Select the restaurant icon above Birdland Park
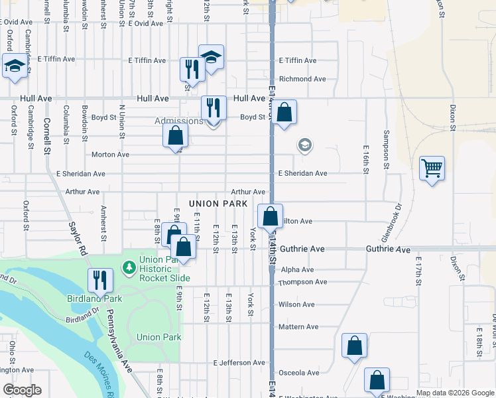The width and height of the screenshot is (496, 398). point(100,280)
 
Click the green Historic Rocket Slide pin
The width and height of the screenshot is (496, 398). point(129,268)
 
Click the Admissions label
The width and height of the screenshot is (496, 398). point(178,121)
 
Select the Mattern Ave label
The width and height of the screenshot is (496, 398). point(298,327)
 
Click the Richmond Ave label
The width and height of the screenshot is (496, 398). point(302,79)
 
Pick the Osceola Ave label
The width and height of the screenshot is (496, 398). point(299,373)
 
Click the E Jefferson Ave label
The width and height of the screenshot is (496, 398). point(239,363)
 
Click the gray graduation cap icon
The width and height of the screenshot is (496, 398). point(305,145)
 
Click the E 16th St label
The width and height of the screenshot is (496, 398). point(365,160)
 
